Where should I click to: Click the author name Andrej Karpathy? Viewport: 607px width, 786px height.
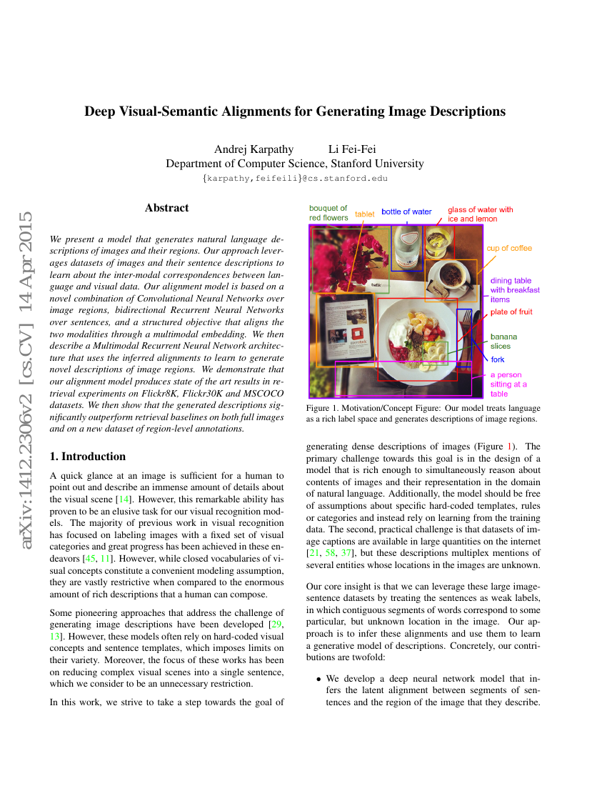(254, 149)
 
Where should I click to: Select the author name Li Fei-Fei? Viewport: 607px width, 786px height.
(352, 149)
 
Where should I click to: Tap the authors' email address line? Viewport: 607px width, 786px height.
(295, 178)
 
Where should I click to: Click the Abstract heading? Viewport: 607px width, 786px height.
(166, 208)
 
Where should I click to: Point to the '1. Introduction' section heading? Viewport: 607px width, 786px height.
(87, 457)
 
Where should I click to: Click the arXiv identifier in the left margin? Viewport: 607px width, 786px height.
(26, 380)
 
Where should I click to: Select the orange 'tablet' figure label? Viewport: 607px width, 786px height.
(364, 214)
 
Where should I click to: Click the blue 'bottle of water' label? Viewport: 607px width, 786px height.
(406, 212)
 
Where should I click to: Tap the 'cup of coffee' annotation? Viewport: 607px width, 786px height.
(509, 249)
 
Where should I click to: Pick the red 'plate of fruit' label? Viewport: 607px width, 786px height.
(511, 312)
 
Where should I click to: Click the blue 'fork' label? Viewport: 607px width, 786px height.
(497, 359)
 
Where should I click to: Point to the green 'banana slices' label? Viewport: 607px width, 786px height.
(503, 341)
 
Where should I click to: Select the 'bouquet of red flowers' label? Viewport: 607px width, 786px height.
(328, 213)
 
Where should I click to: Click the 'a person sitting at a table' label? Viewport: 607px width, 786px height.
(508, 384)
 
